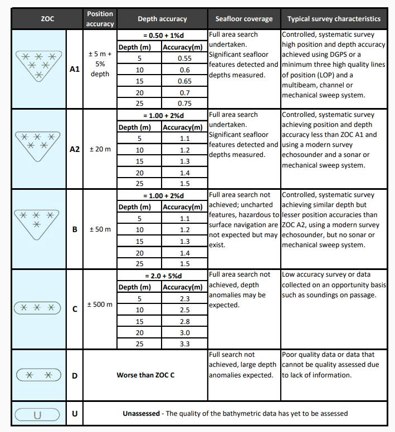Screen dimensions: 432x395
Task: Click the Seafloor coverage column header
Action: [x=244, y=19]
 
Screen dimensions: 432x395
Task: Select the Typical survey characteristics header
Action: [x=334, y=19]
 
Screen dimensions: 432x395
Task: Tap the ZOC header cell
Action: [x=47, y=19]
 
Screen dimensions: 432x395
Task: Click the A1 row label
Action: [x=75, y=71]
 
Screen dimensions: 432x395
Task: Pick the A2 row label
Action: [x=75, y=150]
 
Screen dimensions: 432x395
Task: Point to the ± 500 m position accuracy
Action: [x=100, y=305]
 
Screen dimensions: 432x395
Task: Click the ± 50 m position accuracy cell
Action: [x=100, y=229]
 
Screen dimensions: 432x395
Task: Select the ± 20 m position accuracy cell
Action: [x=100, y=150]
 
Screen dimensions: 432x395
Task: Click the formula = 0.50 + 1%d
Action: [x=161, y=35]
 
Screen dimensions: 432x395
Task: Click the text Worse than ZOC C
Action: [x=145, y=375]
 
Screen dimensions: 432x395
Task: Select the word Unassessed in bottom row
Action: [x=142, y=414]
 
